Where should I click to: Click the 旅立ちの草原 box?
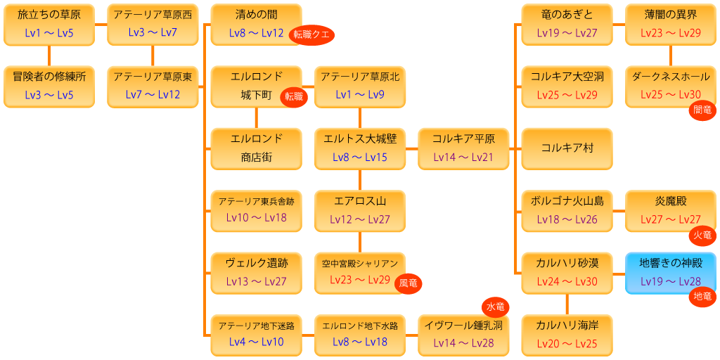pos(49,24)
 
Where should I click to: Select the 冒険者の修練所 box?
pos(49,86)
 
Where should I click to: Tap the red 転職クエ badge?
pos(311,34)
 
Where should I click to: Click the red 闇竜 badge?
pos(702,110)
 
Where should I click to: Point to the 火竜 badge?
pos(702,235)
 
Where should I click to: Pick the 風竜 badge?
pos(409,284)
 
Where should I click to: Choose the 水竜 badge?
pos(496,307)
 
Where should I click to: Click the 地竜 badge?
pos(702,297)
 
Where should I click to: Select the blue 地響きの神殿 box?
pos(670,273)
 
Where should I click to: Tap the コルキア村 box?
pos(567,148)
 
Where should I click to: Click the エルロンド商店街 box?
pos(256,148)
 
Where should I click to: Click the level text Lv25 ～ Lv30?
pos(670,95)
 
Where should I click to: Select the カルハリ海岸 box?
pos(567,335)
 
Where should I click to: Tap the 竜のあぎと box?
pos(567,24)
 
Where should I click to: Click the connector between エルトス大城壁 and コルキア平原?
pos(412,148)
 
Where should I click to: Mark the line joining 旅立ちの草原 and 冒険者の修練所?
pos(49,55)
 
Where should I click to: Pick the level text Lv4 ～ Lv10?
pos(256,342)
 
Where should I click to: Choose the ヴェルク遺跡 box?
pos(256,273)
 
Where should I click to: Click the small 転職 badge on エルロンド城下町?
pos(295,97)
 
